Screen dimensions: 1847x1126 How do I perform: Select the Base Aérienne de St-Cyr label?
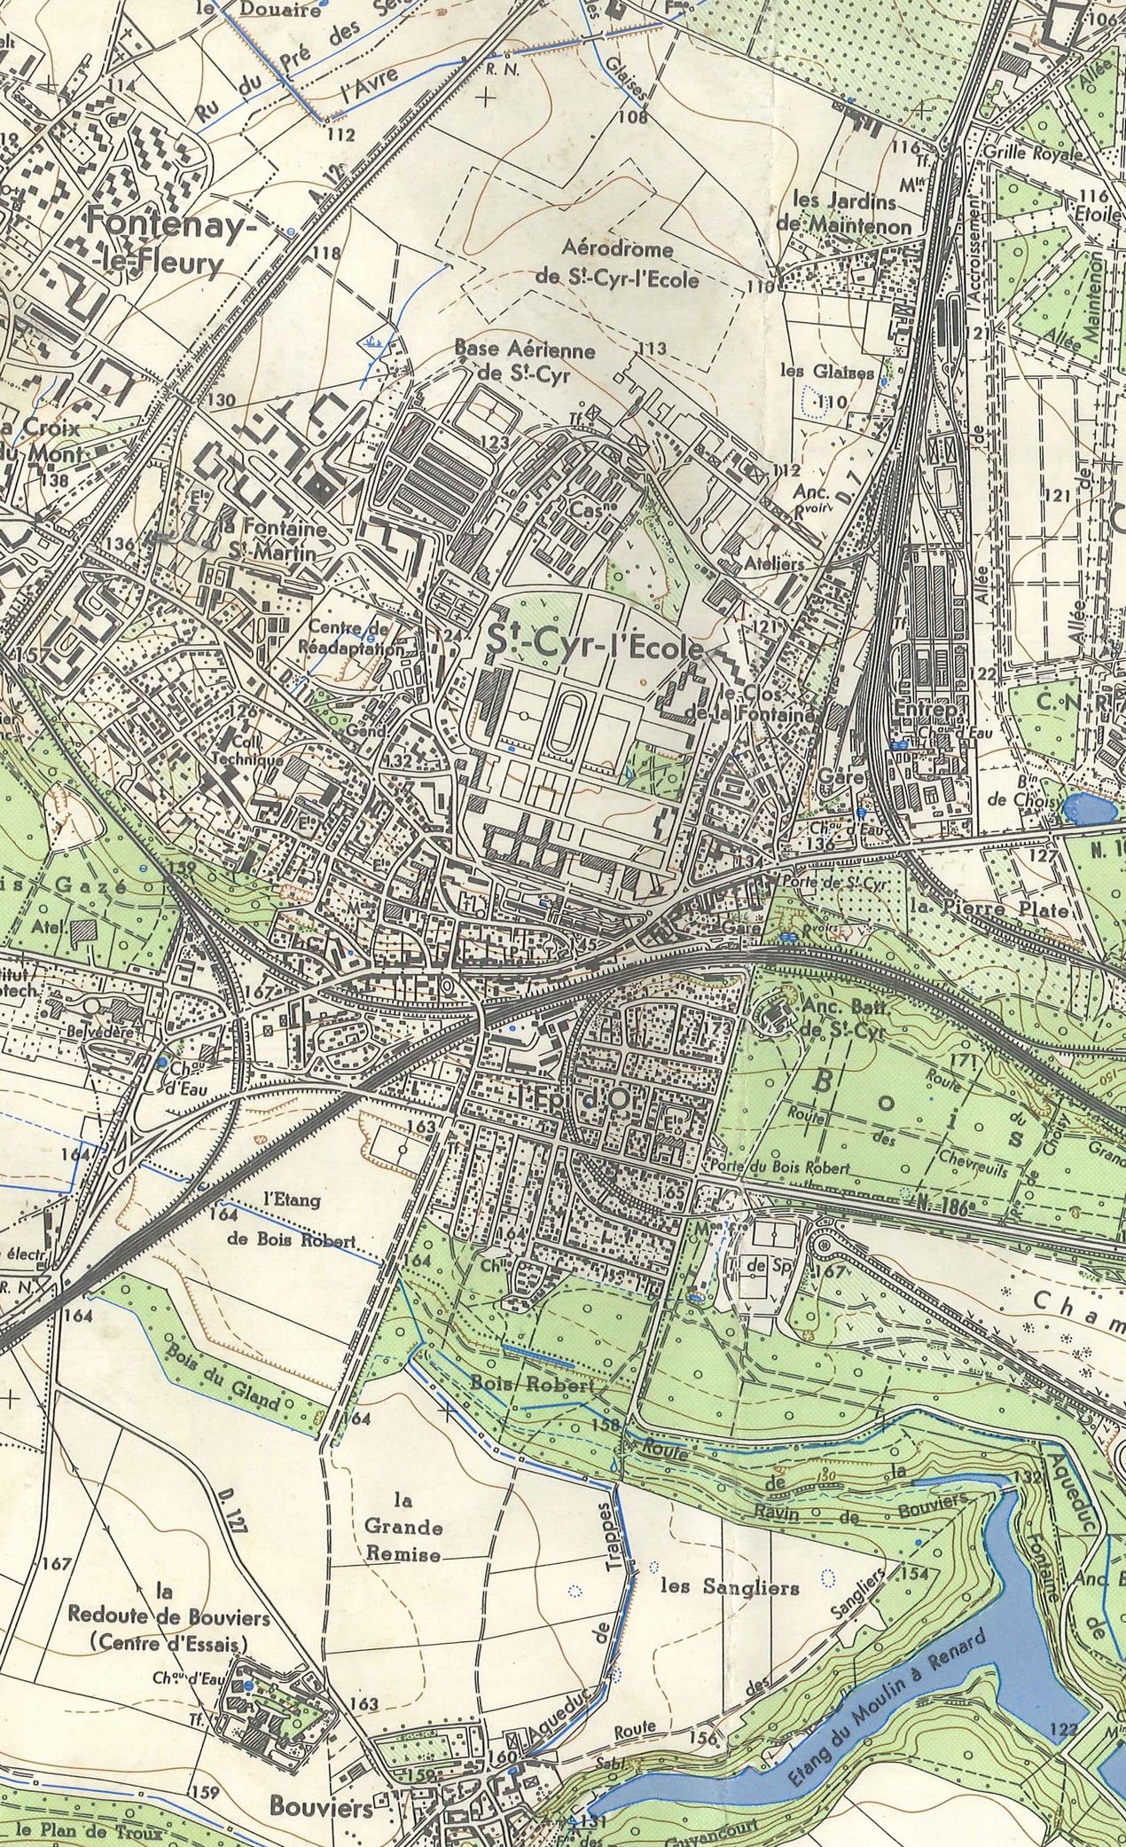(524, 359)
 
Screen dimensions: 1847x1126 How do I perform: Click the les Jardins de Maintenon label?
(844, 213)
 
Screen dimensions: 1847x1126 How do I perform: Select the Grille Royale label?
(1032, 152)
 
